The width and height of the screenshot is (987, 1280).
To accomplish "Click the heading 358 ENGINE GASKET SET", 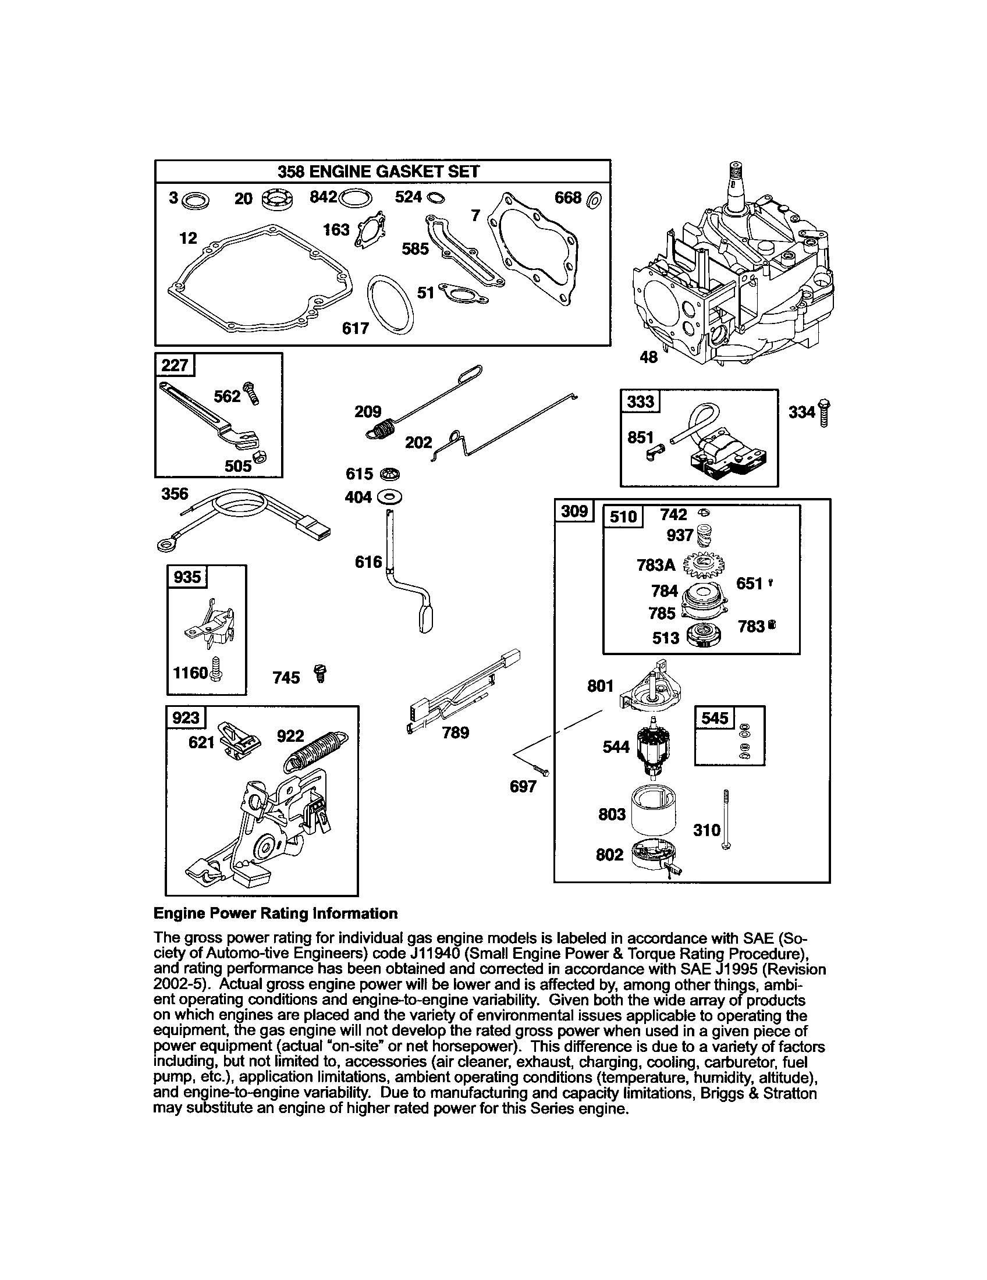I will (378, 172).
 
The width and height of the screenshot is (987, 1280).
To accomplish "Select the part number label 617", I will (355, 328).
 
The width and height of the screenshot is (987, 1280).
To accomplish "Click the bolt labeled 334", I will (825, 413).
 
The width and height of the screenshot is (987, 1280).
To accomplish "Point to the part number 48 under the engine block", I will (648, 356).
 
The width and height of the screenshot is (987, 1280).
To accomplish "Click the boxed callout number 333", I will (640, 401).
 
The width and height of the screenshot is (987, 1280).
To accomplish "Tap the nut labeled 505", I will (259, 457).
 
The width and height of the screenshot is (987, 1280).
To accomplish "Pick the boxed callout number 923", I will (185, 717).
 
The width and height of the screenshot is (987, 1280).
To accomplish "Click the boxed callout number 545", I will (714, 718).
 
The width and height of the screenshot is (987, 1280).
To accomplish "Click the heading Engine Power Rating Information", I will (275, 913).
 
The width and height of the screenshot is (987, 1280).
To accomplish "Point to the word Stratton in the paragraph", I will (790, 1094).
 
